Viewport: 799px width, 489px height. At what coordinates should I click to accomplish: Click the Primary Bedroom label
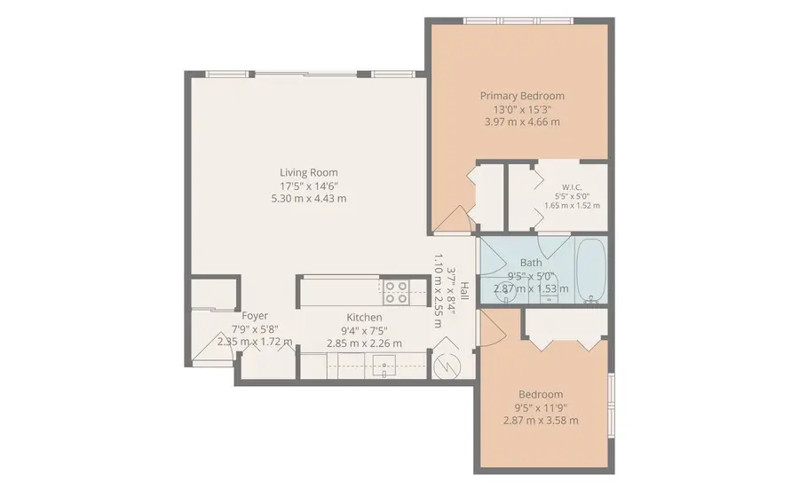tap(522, 96)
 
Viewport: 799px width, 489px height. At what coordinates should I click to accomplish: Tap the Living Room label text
tap(309, 173)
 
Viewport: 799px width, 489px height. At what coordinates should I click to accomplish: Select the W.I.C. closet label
tap(572, 187)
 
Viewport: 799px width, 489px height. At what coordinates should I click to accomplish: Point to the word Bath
tap(531, 263)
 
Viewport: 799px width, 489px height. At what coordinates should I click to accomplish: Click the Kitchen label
tap(364, 318)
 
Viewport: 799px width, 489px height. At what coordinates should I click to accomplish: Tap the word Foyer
tap(255, 316)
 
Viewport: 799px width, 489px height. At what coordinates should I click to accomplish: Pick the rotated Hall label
tap(464, 291)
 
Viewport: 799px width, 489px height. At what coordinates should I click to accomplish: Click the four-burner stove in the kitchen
tap(396, 292)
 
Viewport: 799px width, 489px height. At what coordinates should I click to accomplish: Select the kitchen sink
tap(384, 366)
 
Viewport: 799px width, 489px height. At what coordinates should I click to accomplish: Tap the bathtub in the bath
tap(591, 271)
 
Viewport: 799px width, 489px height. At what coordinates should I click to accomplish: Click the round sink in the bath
tap(505, 293)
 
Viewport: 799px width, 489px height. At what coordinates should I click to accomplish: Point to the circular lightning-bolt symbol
tap(447, 367)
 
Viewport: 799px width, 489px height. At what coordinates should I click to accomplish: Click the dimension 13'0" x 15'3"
tap(522, 109)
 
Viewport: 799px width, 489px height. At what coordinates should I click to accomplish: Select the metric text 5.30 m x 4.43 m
tap(309, 199)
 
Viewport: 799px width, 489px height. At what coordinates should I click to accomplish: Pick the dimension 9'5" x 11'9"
tap(541, 407)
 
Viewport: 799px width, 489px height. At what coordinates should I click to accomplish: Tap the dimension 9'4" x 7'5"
tap(364, 330)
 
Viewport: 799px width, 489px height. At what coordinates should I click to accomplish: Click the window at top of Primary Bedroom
tap(518, 21)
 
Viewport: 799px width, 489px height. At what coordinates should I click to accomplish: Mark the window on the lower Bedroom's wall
tap(612, 405)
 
